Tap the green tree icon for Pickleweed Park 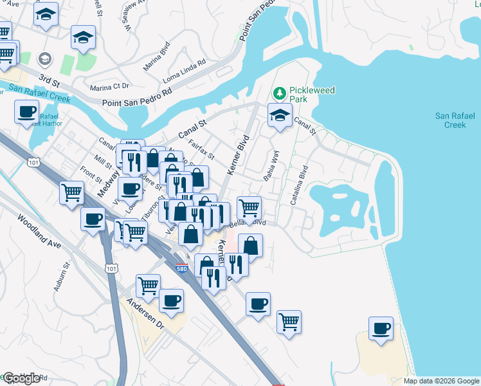(280, 94)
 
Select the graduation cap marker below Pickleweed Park (280, 116)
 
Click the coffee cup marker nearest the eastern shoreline (381, 329)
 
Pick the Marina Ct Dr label (110, 86)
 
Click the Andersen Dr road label (146, 315)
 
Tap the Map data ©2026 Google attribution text (440, 381)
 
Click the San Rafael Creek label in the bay (455, 120)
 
